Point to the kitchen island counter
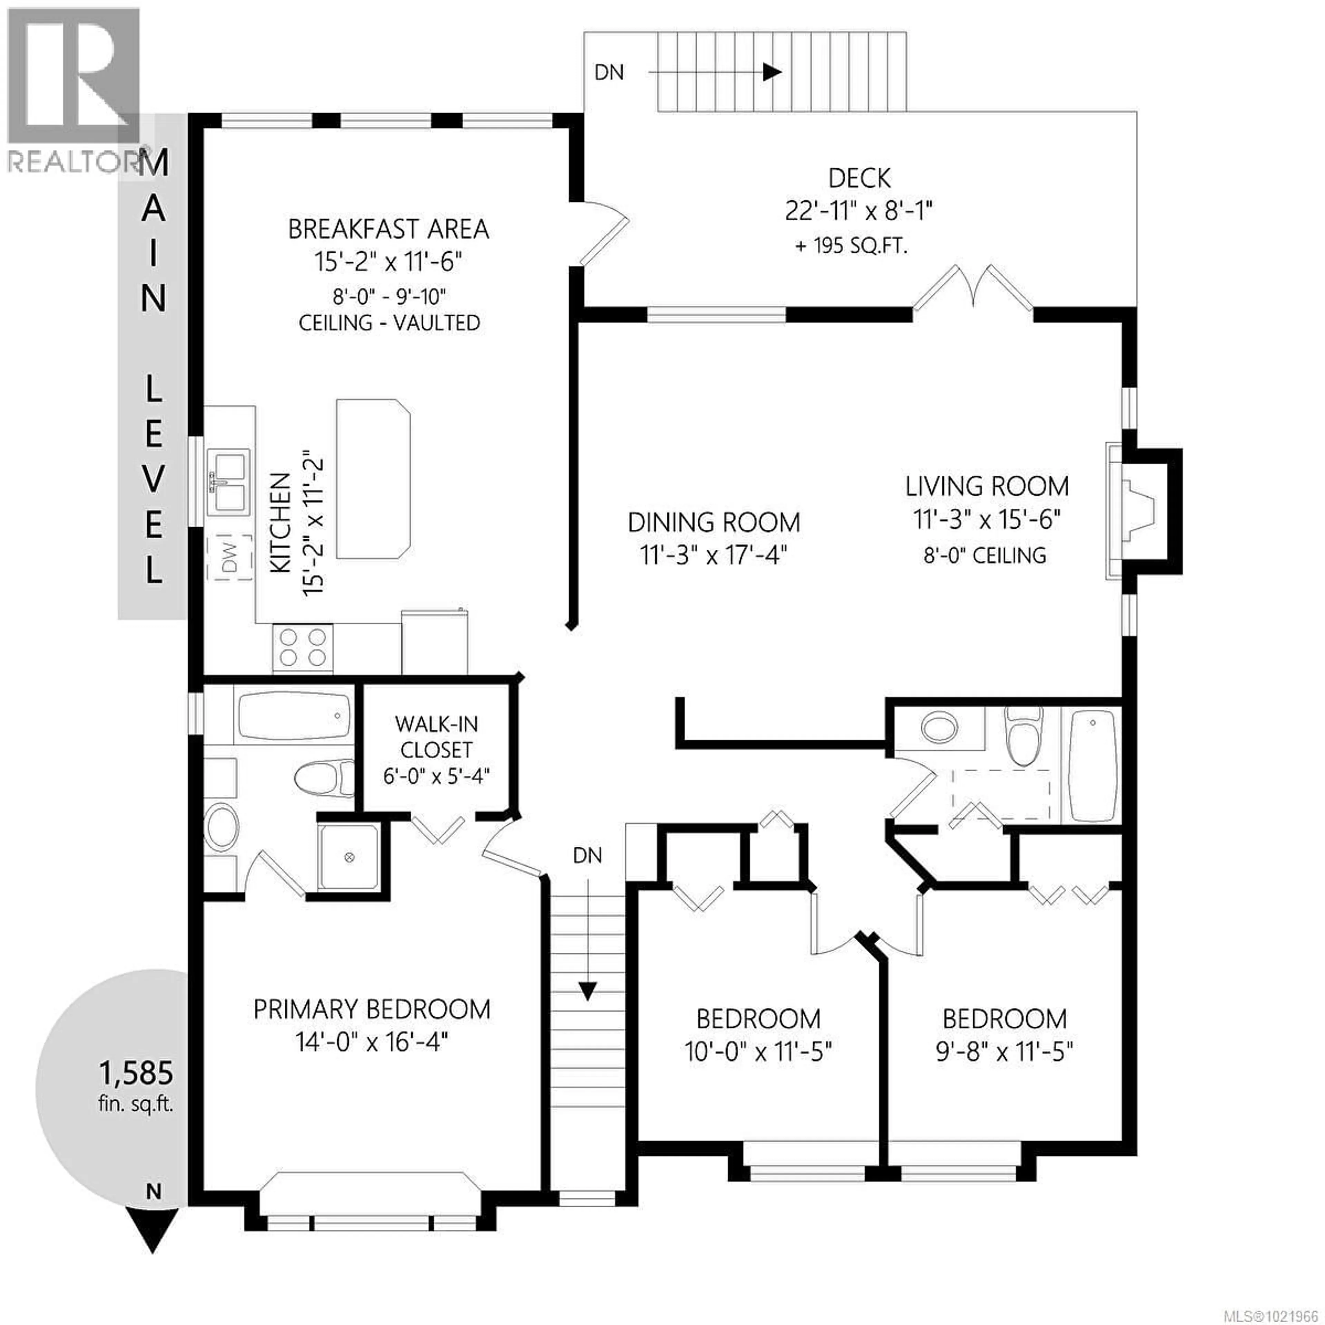pyautogui.click(x=372, y=478)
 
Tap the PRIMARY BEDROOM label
pyautogui.click(x=372, y=1010)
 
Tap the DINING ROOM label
pyautogui.click(x=713, y=523)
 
